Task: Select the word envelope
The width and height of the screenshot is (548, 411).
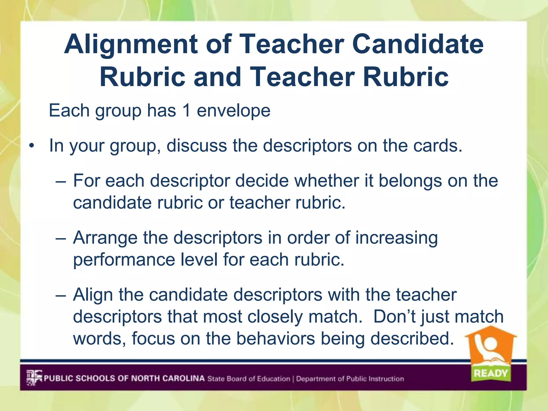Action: pos(234,111)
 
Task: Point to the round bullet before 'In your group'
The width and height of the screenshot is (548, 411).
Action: pos(32,146)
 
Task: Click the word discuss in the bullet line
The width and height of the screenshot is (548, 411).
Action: pos(196,146)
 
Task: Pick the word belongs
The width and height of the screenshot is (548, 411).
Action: pos(410,181)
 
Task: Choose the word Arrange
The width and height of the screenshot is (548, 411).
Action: pos(105,238)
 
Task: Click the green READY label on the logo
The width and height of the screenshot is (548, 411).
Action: pos(490,373)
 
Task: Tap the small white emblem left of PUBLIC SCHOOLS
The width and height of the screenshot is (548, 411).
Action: pos(34,378)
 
